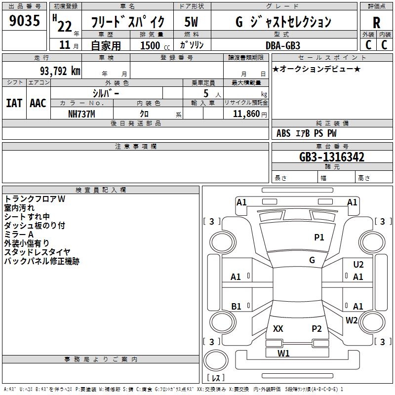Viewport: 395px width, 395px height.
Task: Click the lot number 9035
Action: point(24,21)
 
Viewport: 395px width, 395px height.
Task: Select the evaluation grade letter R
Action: point(376,22)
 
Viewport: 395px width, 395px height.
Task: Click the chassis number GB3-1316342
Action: point(332,157)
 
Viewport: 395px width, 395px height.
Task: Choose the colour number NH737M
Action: point(81,114)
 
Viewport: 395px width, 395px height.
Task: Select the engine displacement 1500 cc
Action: point(151,45)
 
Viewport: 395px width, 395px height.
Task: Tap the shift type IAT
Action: point(14,103)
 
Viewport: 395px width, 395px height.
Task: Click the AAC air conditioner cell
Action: point(38,103)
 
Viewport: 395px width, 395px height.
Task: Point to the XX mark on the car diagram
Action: point(278,329)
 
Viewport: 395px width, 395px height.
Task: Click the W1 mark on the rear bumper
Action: point(283,353)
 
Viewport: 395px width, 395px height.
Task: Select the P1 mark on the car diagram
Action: point(319,237)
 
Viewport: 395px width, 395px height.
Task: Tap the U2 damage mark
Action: point(358,265)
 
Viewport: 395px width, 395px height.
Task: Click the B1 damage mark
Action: point(236,307)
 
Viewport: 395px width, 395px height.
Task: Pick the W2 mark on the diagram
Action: point(352,320)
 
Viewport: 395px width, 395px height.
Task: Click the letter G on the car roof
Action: point(312,260)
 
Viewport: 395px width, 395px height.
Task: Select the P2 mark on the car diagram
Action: point(316,329)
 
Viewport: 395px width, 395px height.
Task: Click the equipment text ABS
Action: point(283,133)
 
